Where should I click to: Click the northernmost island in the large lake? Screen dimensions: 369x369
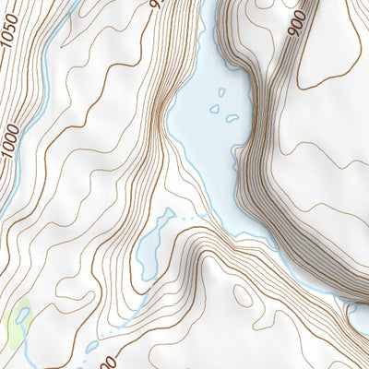tap(221, 91)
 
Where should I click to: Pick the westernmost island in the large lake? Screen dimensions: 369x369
tap(214, 108)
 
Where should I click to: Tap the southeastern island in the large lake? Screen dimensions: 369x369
tap(232, 118)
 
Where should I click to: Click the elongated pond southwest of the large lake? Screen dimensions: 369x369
tap(151, 242)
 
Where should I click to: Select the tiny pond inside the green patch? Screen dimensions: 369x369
tap(21, 316)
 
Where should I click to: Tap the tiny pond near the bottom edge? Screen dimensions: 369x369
tap(92, 347)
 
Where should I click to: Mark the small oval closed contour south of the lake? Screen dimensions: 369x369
tap(243, 296)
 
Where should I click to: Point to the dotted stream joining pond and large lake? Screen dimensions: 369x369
tap(189, 218)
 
